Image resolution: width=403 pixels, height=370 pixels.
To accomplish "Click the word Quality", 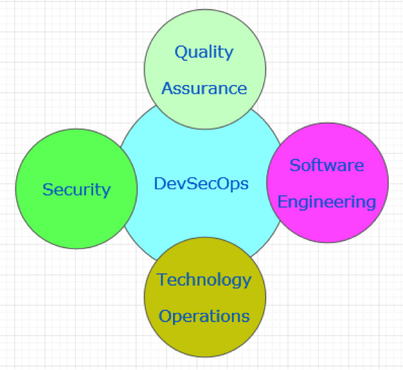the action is click(204, 52).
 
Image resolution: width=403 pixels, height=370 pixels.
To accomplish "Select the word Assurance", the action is click(204, 89).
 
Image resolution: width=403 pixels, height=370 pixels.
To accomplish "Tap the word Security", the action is click(76, 191).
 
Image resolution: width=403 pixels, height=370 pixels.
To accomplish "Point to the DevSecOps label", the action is click(201, 184).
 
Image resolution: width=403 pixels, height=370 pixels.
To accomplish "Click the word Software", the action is click(327, 165).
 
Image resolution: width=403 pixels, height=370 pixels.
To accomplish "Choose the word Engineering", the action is click(327, 202).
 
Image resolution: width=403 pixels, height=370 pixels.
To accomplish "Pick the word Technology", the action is click(204, 281).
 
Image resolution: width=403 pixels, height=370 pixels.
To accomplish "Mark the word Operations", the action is click(204, 316).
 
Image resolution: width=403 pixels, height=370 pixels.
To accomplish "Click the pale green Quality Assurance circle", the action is click(205, 69).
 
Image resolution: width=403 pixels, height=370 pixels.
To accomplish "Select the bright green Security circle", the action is click(76, 189).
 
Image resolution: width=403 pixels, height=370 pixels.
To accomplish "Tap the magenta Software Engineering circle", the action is click(327, 183).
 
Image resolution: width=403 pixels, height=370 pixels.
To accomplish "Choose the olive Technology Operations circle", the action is click(205, 297).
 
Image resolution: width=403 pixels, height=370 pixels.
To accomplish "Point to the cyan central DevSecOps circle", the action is click(201, 184).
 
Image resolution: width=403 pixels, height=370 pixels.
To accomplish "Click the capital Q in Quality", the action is click(180, 52).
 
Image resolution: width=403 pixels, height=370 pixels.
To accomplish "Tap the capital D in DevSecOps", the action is click(159, 183).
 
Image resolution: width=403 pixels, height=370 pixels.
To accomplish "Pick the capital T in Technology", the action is click(163, 279).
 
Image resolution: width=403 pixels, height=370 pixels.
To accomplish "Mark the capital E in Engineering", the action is click(282, 202).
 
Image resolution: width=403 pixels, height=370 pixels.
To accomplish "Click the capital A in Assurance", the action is click(168, 89).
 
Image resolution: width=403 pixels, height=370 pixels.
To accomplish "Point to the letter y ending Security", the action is click(107, 192).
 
